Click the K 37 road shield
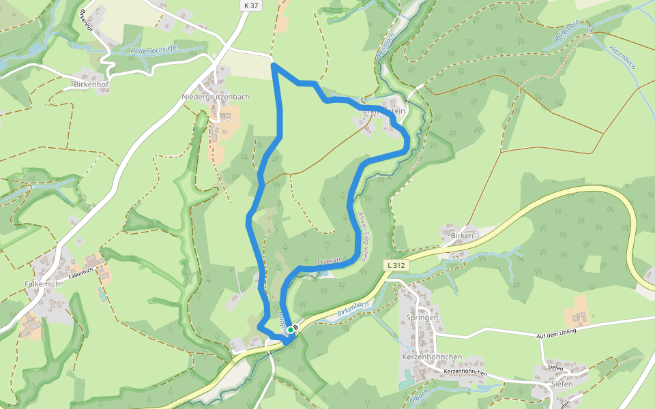point(251,5)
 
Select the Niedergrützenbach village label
point(216,97)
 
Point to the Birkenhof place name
point(91,85)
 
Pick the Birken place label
point(462,235)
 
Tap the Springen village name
point(422,318)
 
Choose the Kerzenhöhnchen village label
point(433,357)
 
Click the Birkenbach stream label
point(353,309)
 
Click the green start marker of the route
point(290,330)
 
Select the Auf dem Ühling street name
point(556,332)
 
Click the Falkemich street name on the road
point(81,272)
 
